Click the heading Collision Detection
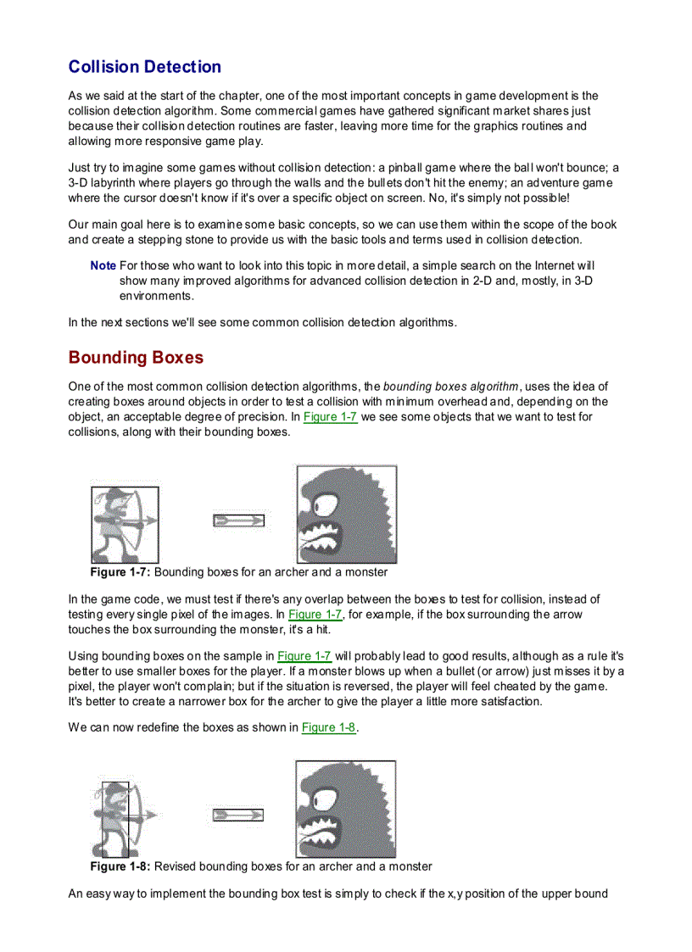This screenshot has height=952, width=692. click(x=144, y=67)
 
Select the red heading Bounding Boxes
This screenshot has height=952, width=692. click(x=136, y=357)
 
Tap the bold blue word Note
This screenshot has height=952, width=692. click(x=103, y=266)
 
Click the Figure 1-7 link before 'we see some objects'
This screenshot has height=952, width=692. click(x=330, y=417)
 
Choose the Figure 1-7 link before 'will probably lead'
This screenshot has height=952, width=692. click(x=304, y=656)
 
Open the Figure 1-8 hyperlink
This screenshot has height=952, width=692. click(x=328, y=727)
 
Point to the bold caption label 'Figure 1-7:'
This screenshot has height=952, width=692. click(x=121, y=572)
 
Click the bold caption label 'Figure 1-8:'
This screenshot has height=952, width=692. click(x=121, y=866)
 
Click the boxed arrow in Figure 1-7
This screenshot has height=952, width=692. click(x=238, y=521)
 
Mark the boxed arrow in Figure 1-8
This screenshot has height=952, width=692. click(x=237, y=816)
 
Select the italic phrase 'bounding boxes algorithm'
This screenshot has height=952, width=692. click(x=450, y=387)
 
